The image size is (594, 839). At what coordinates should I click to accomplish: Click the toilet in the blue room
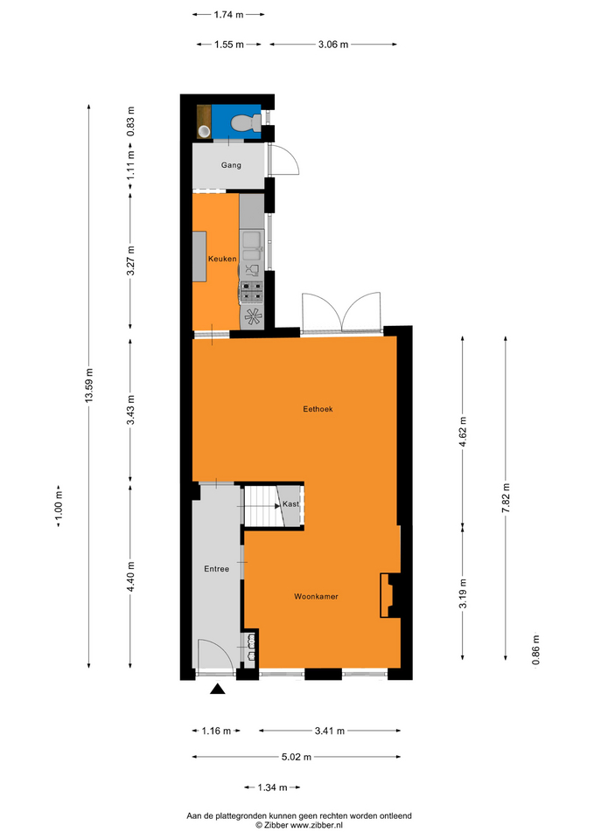click(245, 122)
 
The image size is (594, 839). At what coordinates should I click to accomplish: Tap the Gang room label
click(231, 165)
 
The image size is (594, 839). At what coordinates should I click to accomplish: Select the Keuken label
click(222, 259)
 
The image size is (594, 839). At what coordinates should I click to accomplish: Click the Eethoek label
click(318, 409)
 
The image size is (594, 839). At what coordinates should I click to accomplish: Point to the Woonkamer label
click(316, 596)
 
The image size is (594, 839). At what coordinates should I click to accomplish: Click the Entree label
click(216, 569)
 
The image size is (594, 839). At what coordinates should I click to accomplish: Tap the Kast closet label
click(290, 503)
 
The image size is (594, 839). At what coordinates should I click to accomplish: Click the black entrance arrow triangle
click(218, 689)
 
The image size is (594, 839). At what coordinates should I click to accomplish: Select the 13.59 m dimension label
click(89, 385)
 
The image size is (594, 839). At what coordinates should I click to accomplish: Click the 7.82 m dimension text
click(506, 498)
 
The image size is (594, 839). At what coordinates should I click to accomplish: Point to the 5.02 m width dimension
click(297, 757)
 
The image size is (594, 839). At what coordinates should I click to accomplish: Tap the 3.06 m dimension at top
click(333, 45)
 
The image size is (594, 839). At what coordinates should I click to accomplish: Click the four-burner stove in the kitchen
click(251, 292)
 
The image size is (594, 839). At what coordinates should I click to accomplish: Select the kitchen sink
click(252, 246)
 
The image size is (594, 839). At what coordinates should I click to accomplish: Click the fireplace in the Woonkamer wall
click(390, 595)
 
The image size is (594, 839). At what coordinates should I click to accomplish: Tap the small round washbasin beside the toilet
click(204, 131)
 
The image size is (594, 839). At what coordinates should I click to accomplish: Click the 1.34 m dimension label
click(272, 787)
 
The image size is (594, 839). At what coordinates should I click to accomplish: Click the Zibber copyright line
click(299, 825)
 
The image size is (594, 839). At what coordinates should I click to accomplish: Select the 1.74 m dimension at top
click(228, 15)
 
